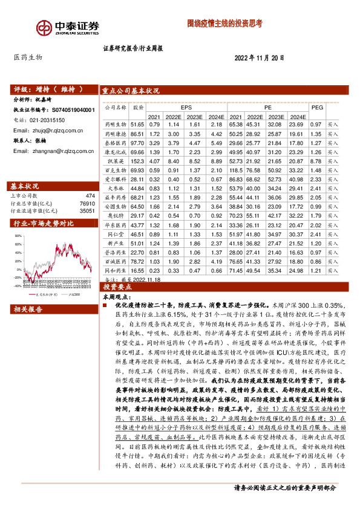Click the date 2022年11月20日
pyautogui.click(x=259, y=57)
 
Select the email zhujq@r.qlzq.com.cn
pyautogui.click(x=57, y=130)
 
